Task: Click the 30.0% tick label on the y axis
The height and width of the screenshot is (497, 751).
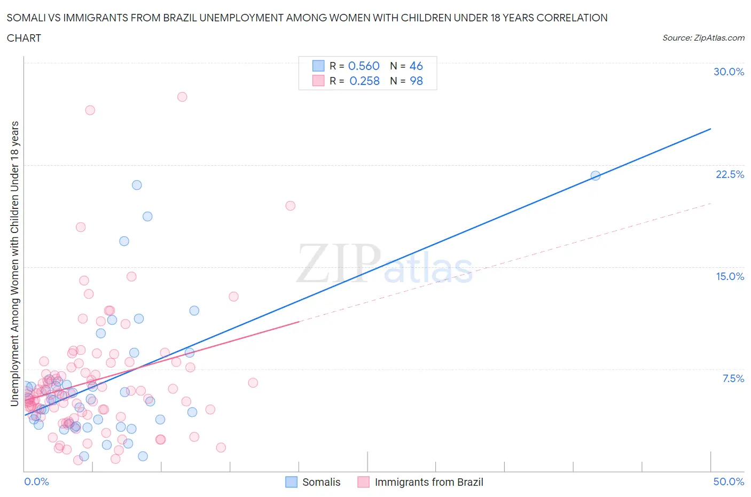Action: tap(729, 72)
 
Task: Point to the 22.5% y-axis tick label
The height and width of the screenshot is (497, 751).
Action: tap(730, 174)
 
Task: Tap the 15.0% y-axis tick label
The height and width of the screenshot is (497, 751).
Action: tap(730, 276)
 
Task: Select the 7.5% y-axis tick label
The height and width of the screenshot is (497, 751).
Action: tap(733, 378)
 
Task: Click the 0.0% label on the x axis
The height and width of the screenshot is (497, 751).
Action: tap(36, 482)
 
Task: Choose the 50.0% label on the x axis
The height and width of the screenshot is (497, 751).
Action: tap(729, 482)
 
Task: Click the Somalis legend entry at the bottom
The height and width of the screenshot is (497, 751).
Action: tap(321, 482)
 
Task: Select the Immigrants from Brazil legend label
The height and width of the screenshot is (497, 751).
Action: tap(428, 482)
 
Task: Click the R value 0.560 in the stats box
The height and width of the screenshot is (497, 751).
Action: tap(364, 66)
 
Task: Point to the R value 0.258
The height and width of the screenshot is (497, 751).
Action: tap(364, 81)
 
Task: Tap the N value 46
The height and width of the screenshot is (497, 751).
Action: tap(416, 66)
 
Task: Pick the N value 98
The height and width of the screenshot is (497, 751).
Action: tap(416, 81)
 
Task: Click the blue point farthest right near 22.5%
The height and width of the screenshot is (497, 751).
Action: tap(596, 175)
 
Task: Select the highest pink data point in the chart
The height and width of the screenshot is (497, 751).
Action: tap(182, 97)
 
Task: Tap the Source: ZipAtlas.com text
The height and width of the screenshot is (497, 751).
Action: tap(703, 37)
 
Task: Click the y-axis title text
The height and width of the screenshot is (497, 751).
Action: tap(14, 263)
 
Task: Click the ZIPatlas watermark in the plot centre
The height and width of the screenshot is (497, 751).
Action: tap(385, 264)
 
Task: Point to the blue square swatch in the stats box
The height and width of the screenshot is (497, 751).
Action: tap(318, 66)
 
